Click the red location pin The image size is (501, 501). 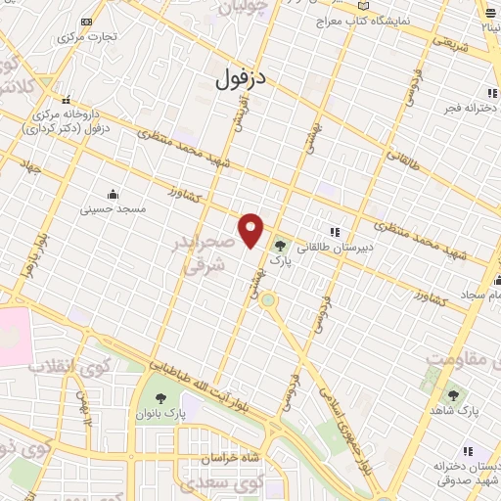252,229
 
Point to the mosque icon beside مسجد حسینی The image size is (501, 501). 113,194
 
